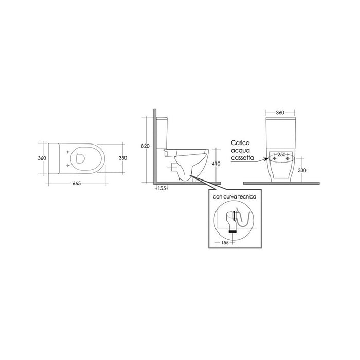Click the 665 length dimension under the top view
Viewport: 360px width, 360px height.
77,184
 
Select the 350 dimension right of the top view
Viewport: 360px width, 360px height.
123,158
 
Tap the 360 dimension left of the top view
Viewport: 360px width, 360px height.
42,158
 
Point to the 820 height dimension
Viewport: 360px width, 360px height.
145,146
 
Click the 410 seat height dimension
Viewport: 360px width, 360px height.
216,164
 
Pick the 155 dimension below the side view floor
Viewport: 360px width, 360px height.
162,189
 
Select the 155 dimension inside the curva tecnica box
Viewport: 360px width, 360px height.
225,242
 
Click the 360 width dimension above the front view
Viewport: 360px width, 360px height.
280,113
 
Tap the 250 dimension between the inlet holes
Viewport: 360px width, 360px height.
281,154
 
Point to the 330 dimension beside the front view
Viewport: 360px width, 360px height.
302,170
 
